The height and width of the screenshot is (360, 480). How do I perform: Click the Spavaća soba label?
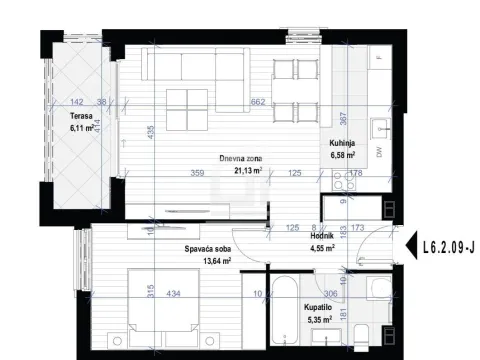tap(208, 250)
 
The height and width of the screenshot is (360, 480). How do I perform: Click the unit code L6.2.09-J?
tap(447, 242)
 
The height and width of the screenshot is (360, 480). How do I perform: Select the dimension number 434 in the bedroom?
tap(173, 293)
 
